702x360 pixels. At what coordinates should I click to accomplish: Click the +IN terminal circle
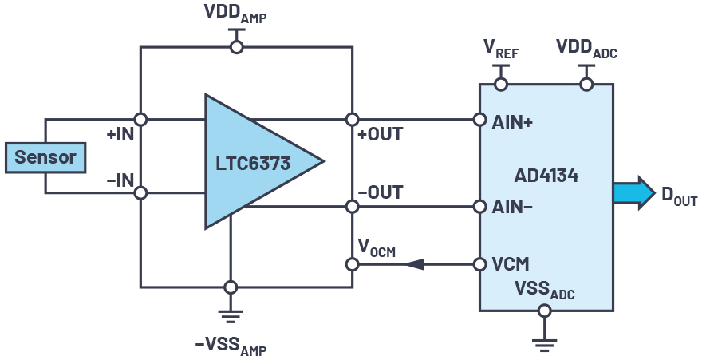click(x=140, y=120)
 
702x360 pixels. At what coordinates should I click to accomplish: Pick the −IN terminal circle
click(x=140, y=192)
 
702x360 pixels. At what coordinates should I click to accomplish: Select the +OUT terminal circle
click(x=352, y=120)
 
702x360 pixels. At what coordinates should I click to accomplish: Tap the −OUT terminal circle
click(x=352, y=207)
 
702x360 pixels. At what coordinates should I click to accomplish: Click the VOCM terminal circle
click(x=352, y=264)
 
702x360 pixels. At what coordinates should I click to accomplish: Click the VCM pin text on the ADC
click(x=511, y=264)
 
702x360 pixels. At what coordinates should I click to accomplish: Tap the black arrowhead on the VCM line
click(x=414, y=264)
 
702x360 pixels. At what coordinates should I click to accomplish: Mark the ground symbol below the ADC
click(x=545, y=343)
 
